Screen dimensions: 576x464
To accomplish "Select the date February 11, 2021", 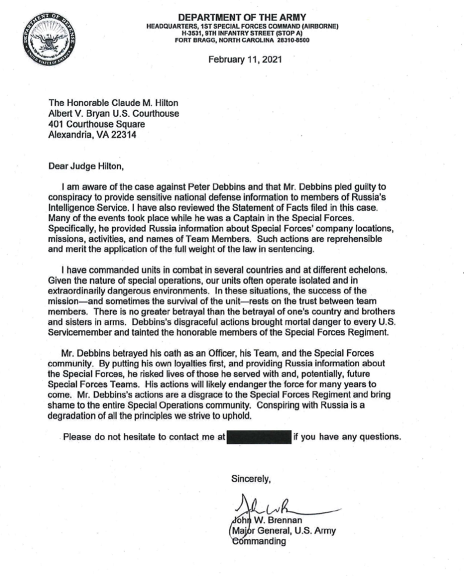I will pyautogui.click(x=245, y=60).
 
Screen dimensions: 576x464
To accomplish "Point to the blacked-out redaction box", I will pyautogui.click(x=259, y=436).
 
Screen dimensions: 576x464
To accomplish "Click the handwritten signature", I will pyautogui.click(x=280, y=507).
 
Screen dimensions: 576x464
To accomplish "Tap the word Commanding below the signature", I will pyautogui.click(x=258, y=541).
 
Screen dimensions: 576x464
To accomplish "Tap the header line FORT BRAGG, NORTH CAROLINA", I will pyautogui.click(x=222, y=41).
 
